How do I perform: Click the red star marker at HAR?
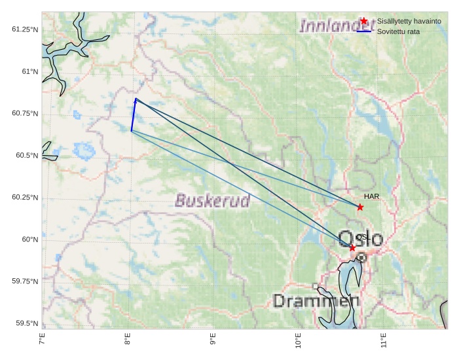360,207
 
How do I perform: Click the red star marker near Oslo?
352,247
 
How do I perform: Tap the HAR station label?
372,196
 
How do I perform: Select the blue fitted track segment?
134,115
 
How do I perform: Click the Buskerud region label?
213,201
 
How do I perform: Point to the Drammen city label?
316,301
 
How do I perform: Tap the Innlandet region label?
331,26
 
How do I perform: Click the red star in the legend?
364,21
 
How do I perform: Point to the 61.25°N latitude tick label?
25,29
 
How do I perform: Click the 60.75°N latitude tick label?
25,113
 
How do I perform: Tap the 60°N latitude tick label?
30,240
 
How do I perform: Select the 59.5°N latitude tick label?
27,323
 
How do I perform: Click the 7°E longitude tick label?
43,340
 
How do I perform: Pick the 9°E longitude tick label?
213,340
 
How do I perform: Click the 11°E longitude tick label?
383,340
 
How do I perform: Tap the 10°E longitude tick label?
298,340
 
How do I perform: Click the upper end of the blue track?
136,99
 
